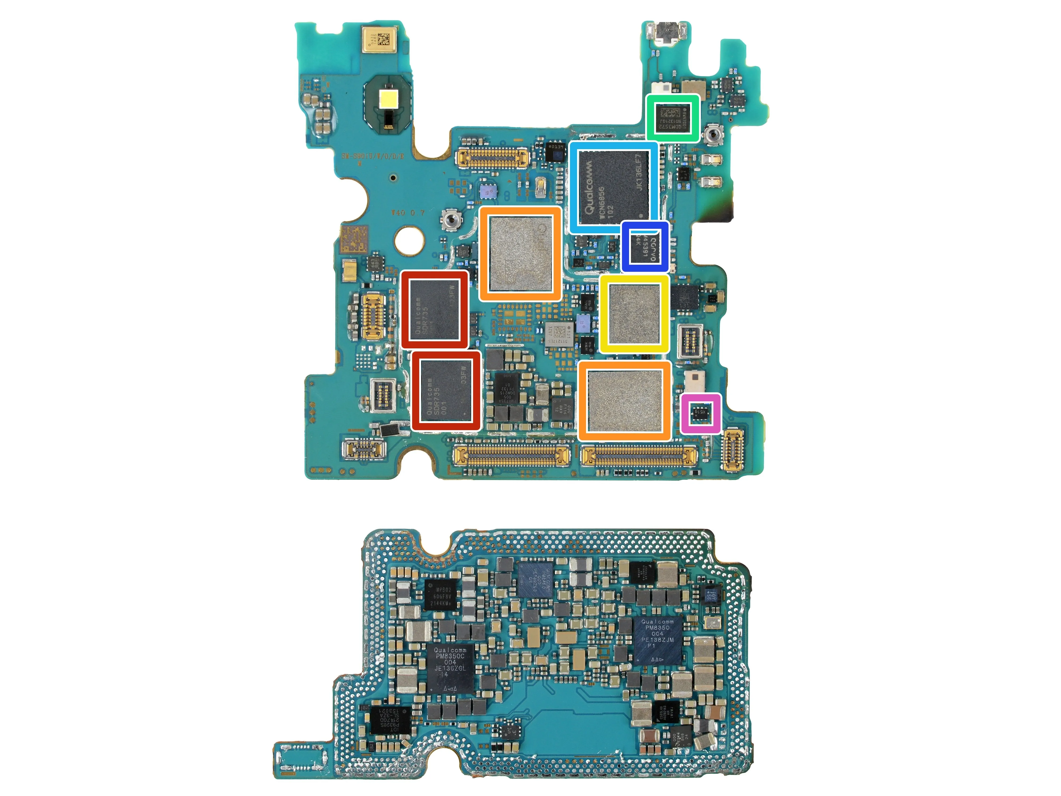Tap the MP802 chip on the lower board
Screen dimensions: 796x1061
click(440, 595)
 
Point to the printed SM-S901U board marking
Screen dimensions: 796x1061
click(373, 156)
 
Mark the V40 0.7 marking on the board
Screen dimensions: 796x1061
click(408, 212)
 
